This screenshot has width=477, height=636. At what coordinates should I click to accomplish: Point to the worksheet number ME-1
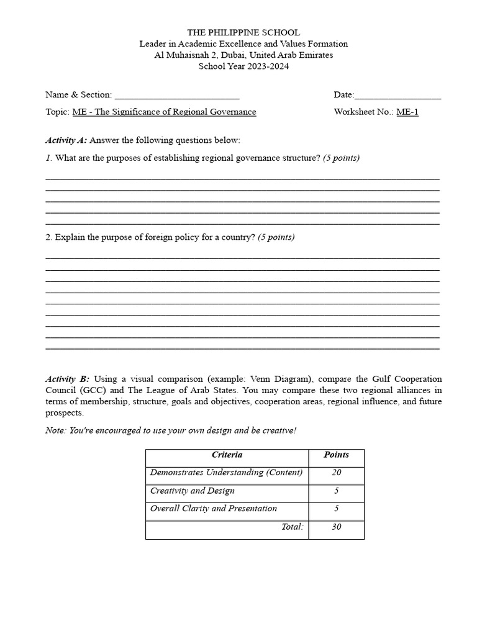point(407,112)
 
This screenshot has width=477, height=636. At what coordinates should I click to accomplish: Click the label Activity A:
point(66,140)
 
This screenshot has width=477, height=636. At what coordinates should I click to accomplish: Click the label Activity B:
point(67,379)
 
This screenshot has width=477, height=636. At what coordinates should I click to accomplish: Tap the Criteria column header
point(227,455)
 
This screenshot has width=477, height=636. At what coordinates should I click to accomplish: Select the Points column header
point(336,455)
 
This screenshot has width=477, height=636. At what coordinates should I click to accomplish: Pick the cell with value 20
point(336,473)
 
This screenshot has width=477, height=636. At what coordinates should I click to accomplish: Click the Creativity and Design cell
point(193,491)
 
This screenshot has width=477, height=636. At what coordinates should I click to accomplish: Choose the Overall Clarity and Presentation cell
point(214,509)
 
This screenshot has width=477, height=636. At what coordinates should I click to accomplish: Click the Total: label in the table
point(292,527)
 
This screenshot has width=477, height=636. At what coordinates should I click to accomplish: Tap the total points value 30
point(336,527)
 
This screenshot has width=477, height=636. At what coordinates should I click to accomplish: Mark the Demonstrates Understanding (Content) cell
point(226,473)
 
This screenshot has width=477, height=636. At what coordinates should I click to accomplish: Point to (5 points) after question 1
point(341,158)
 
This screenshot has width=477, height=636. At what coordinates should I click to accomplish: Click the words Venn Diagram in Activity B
point(279,379)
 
